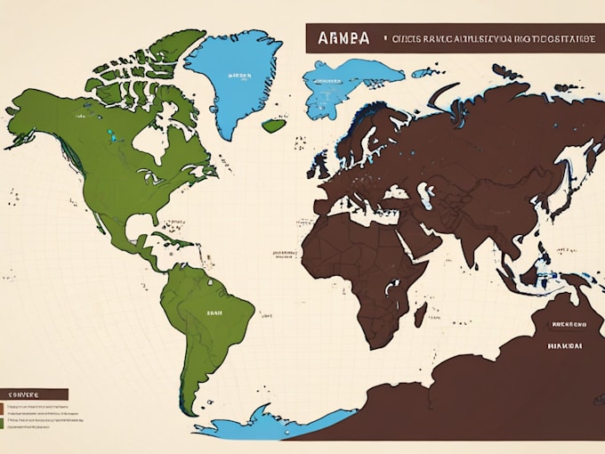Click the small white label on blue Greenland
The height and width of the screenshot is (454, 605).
click(239, 77)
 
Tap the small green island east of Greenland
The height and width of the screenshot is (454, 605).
click(273, 126)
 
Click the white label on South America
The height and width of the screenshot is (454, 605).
click(214, 312)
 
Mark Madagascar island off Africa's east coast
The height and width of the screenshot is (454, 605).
click(420, 313)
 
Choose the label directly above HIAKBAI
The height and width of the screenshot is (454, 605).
click(565, 325)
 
